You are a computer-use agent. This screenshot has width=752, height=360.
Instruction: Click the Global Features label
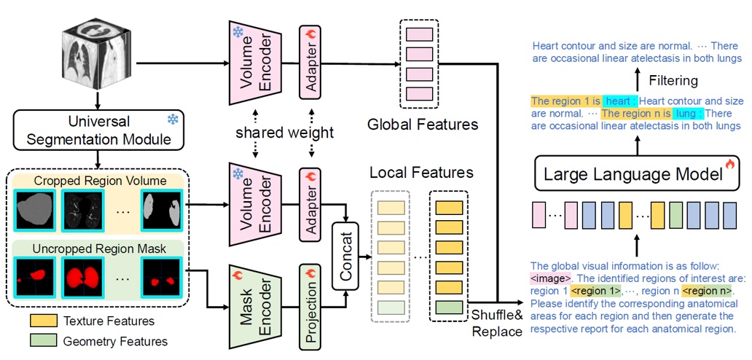click(423, 124)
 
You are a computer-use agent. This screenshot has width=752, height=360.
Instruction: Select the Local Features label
click(422, 173)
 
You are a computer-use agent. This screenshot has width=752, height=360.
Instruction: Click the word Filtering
click(674, 80)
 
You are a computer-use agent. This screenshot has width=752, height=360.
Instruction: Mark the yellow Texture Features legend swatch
click(44, 320)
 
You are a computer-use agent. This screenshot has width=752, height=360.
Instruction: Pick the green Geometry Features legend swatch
click(44, 340)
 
